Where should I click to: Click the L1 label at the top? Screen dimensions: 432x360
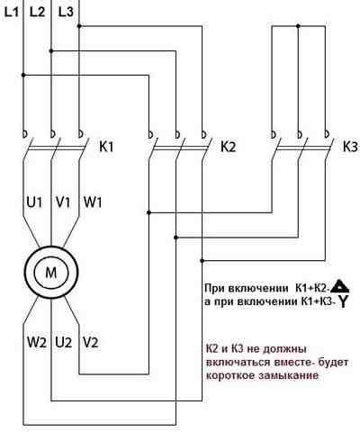tap(11, 11)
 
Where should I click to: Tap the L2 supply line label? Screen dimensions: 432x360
tap(37, 11)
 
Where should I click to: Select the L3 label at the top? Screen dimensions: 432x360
tap(66, 11)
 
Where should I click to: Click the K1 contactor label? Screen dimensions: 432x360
tap(105, 146)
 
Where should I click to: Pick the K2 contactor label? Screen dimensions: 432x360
tap(228, 146)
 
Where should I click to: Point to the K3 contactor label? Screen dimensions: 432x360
tap(349, 146)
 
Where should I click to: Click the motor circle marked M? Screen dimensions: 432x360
tap(50, 271)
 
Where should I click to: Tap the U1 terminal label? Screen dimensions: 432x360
tap(34, 202)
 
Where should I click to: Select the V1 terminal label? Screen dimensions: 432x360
tap(62, 202)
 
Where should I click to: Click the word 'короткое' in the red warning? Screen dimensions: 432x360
tap(231, 374)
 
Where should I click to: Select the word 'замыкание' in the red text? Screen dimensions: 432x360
tap(289, 374)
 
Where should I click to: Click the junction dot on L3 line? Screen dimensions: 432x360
tap(79, 26)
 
